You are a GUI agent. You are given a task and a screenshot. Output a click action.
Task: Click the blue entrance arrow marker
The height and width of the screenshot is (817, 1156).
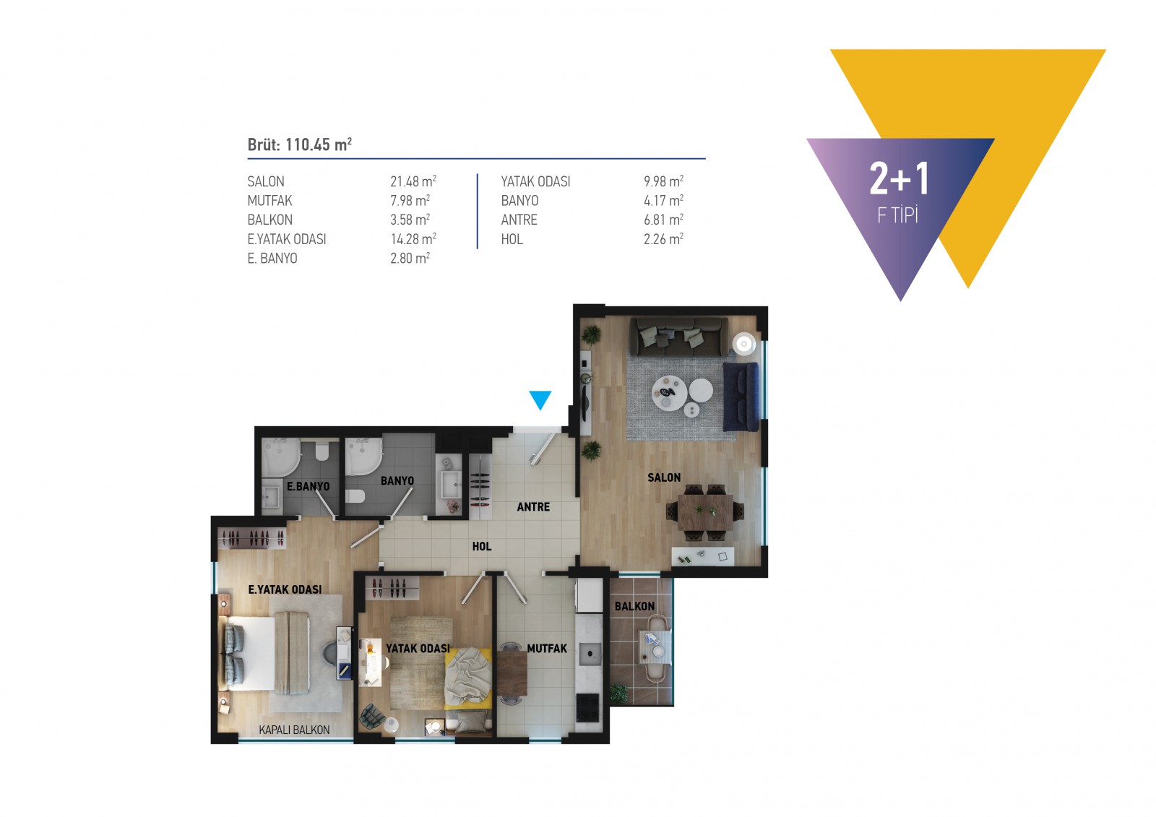coord(540,399)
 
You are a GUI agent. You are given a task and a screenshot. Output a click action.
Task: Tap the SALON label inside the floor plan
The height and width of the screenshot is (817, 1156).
coord(664,478)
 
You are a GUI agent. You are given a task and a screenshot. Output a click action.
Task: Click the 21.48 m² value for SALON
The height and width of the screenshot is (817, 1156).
coord(413,181)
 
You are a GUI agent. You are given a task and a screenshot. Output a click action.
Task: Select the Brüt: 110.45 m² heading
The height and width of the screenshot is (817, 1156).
coord(299,144)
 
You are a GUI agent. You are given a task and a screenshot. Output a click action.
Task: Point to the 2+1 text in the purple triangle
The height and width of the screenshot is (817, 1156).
coord(899,178)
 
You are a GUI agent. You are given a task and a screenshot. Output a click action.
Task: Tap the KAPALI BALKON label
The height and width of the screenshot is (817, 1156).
coord(294,730)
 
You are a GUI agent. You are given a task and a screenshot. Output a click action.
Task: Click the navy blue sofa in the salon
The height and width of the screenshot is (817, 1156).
coord(741,397)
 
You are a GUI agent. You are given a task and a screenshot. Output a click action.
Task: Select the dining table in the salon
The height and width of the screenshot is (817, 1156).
coord(705,512)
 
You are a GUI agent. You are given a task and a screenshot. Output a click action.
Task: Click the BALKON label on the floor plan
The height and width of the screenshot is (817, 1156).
coord(634,606)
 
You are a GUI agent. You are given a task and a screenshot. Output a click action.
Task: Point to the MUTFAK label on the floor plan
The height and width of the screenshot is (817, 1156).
coord(547,649)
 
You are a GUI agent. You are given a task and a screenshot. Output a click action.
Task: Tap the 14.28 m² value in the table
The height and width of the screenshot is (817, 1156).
coord(413,239)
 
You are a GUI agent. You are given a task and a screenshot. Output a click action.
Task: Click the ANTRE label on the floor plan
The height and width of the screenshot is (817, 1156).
coord(534,507)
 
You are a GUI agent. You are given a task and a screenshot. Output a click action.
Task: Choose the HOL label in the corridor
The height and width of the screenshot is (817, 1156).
coord(482,547)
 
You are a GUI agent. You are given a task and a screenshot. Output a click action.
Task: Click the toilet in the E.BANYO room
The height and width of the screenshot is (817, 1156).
coord(322,450)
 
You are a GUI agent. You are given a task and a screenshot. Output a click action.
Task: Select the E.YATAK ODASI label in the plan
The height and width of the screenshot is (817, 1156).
coord(285,589)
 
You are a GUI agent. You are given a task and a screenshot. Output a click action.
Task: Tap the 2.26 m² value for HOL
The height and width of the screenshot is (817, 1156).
coord(663,239)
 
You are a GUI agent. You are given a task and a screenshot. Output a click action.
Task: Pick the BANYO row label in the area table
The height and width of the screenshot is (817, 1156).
coord(519,201)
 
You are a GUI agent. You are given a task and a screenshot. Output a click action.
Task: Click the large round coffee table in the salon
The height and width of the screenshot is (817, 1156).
coord(669,393)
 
